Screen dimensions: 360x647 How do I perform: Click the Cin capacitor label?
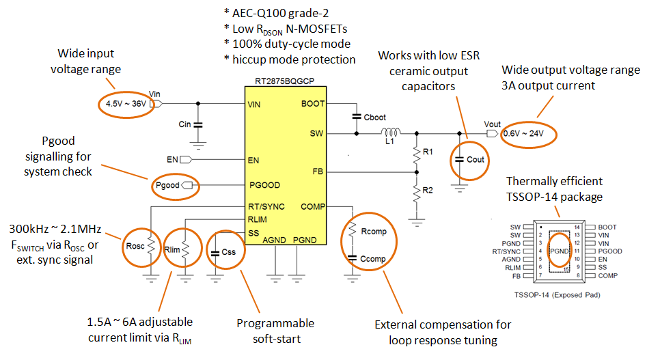coord(184,125)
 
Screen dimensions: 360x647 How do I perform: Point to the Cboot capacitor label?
coord(374,117)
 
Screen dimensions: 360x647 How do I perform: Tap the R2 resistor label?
coord(428,190)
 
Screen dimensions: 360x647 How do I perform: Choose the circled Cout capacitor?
coord(469,160)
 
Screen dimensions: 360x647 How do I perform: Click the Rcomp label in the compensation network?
coord(373,232)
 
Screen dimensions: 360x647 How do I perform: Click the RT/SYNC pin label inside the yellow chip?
coord(266,206)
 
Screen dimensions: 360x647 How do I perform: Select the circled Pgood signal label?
coord(168,185)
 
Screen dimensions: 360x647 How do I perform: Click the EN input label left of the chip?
coord(173,160)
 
